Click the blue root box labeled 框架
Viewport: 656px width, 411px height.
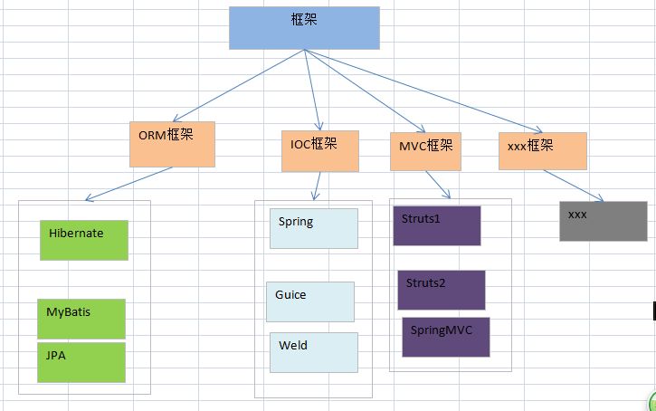[303, 27]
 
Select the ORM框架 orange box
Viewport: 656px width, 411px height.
[172, 144]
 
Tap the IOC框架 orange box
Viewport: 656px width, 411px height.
[319, 151]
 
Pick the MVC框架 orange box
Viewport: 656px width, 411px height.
[425, 151]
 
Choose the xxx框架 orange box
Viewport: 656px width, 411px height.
[542, 150]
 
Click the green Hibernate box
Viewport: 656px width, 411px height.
[84, 240]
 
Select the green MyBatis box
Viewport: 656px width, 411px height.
[81, 318]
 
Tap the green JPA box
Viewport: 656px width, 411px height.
[81, 362]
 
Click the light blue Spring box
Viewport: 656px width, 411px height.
[313, 228]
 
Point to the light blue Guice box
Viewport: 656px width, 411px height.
[310, 301]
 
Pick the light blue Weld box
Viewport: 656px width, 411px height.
[313, 352]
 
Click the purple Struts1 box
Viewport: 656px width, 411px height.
[436, 225]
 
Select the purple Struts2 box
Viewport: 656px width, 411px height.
[441, 290]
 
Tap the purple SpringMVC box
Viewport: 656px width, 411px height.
[445, 337]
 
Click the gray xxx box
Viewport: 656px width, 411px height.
[603, 221]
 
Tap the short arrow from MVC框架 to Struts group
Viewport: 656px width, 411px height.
[440, 185]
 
